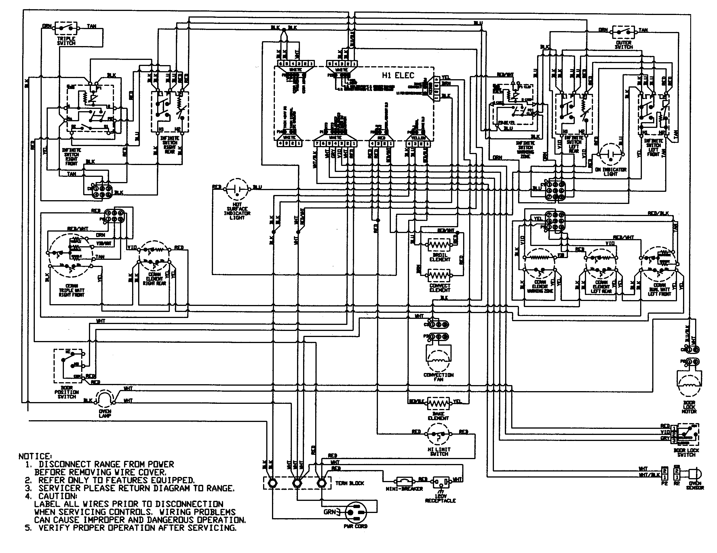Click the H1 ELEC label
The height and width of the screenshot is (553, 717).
398,75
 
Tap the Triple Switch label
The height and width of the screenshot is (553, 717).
66,41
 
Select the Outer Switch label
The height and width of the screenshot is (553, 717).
623,45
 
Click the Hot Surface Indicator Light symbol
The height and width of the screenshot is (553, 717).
237,189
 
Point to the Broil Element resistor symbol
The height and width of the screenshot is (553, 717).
439,245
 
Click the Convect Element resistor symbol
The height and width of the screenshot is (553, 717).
439,275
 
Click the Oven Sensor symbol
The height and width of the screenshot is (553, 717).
694,474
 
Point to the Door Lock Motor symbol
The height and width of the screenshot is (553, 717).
689,383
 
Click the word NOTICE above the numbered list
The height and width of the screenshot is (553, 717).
35,457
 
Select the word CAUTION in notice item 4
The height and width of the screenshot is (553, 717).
58,496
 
